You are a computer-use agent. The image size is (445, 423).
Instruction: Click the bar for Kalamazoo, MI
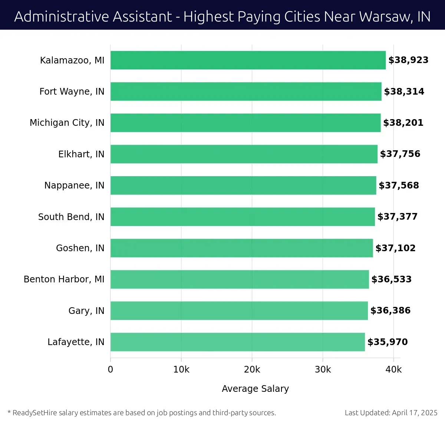tap(248, 60)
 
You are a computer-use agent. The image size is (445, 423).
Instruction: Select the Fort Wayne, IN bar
tap(245, 91)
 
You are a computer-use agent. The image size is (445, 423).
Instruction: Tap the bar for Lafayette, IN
tap(237, 342)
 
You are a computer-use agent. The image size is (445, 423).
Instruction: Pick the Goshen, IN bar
tap(241, 248)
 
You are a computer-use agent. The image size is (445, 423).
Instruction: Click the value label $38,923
tap(408, 60)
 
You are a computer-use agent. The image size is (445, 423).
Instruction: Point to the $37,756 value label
tap(400, 154)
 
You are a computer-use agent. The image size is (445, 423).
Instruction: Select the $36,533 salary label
tap(391, 279)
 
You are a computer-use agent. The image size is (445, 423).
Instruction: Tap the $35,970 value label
tap(388, 342)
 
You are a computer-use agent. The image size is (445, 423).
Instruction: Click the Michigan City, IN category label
tap(67, 123)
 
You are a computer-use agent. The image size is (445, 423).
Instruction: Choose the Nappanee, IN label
tap(74, 185)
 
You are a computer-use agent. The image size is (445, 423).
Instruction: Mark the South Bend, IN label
tap(71, 217)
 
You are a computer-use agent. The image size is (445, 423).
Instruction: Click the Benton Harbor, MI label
tap(64, 279)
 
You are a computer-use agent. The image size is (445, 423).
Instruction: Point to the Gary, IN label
tap(86, 311)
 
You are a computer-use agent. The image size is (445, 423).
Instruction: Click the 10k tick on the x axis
tap(181, 370)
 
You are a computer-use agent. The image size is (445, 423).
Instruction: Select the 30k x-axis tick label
tap(323, 370)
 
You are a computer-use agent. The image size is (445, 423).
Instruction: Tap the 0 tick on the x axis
tap(111, 370)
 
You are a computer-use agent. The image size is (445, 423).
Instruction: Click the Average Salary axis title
tap(255, 388)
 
